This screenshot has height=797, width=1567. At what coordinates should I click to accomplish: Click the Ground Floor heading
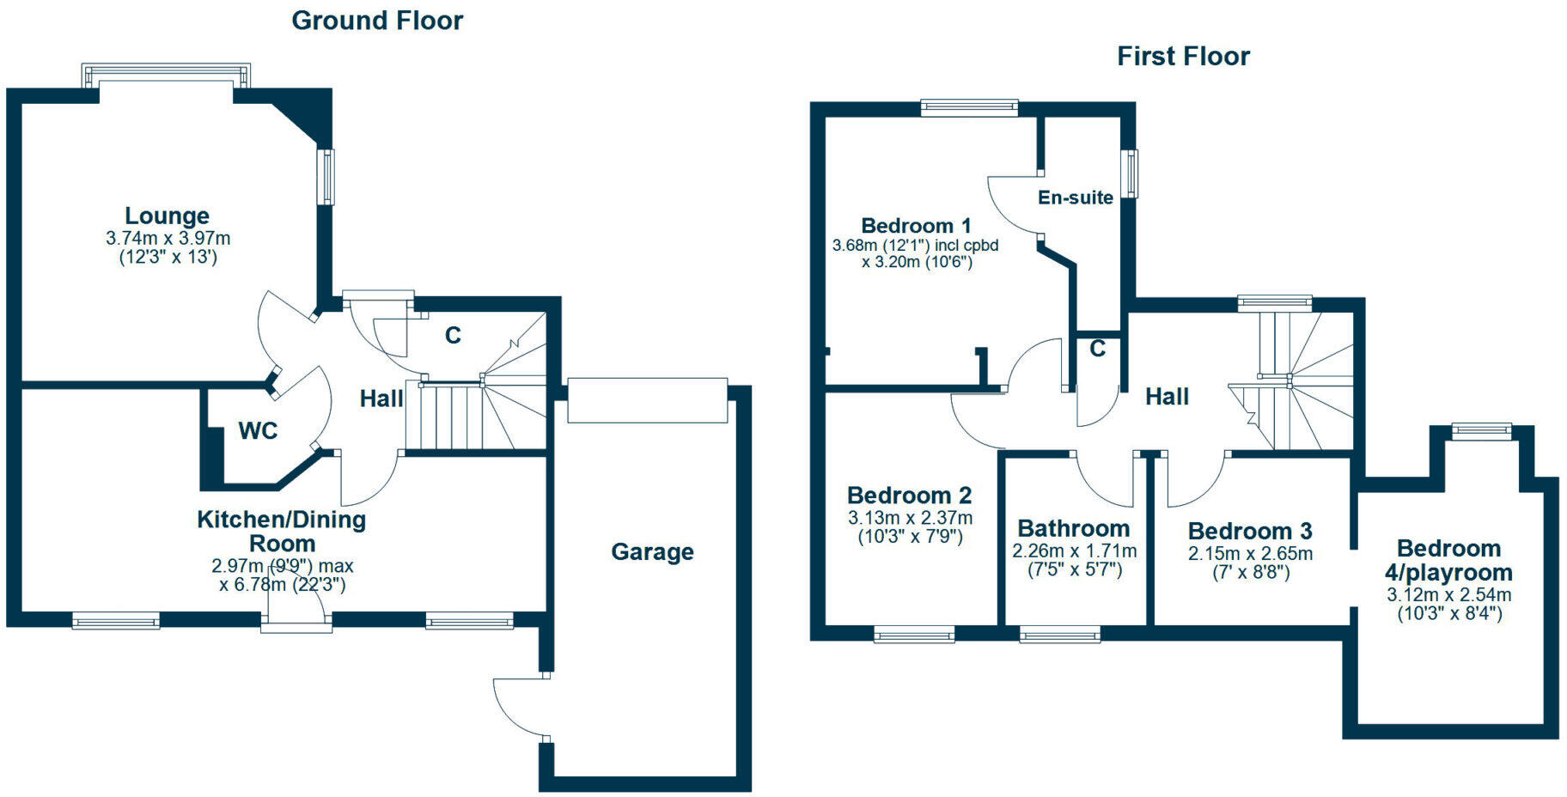377,21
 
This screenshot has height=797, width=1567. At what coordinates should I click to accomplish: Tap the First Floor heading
1183,57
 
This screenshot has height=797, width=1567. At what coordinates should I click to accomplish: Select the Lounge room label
167,216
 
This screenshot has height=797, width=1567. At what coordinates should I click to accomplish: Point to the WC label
258,430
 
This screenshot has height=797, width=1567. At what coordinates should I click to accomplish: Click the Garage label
652,551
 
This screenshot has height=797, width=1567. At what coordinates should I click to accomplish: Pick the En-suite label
1075,198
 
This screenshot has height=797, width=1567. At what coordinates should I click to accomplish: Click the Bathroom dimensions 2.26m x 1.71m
1074,551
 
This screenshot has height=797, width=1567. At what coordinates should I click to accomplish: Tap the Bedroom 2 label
909,496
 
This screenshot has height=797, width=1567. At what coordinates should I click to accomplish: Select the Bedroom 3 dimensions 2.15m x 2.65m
1250,554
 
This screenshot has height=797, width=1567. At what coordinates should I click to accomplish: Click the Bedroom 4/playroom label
1448,560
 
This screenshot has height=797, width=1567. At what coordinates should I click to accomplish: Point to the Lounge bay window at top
166,75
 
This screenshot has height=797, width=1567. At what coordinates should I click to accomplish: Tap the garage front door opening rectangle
647,400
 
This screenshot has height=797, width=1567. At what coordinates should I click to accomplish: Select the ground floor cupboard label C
453,335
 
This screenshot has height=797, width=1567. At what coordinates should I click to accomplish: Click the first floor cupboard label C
1097,349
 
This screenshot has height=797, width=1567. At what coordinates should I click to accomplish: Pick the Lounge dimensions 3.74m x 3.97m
168,239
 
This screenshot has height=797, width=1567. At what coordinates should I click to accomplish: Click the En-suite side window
1132,173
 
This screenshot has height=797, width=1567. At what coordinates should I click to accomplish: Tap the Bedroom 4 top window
1481,430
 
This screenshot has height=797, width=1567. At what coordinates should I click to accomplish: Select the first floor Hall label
1167,397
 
